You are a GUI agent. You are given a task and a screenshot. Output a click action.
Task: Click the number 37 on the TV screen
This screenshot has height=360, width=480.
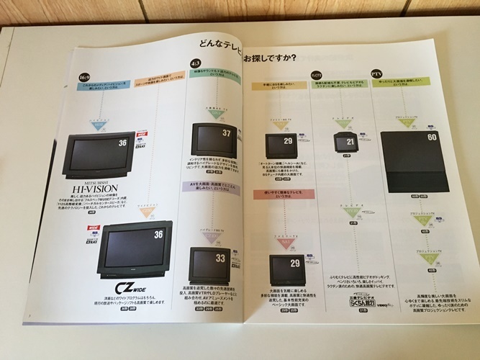point(226,133)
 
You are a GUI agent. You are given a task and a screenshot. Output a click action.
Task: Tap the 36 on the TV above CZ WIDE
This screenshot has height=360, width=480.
point(158,235)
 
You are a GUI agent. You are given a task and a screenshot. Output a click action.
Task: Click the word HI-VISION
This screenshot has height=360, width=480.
point(99,190)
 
